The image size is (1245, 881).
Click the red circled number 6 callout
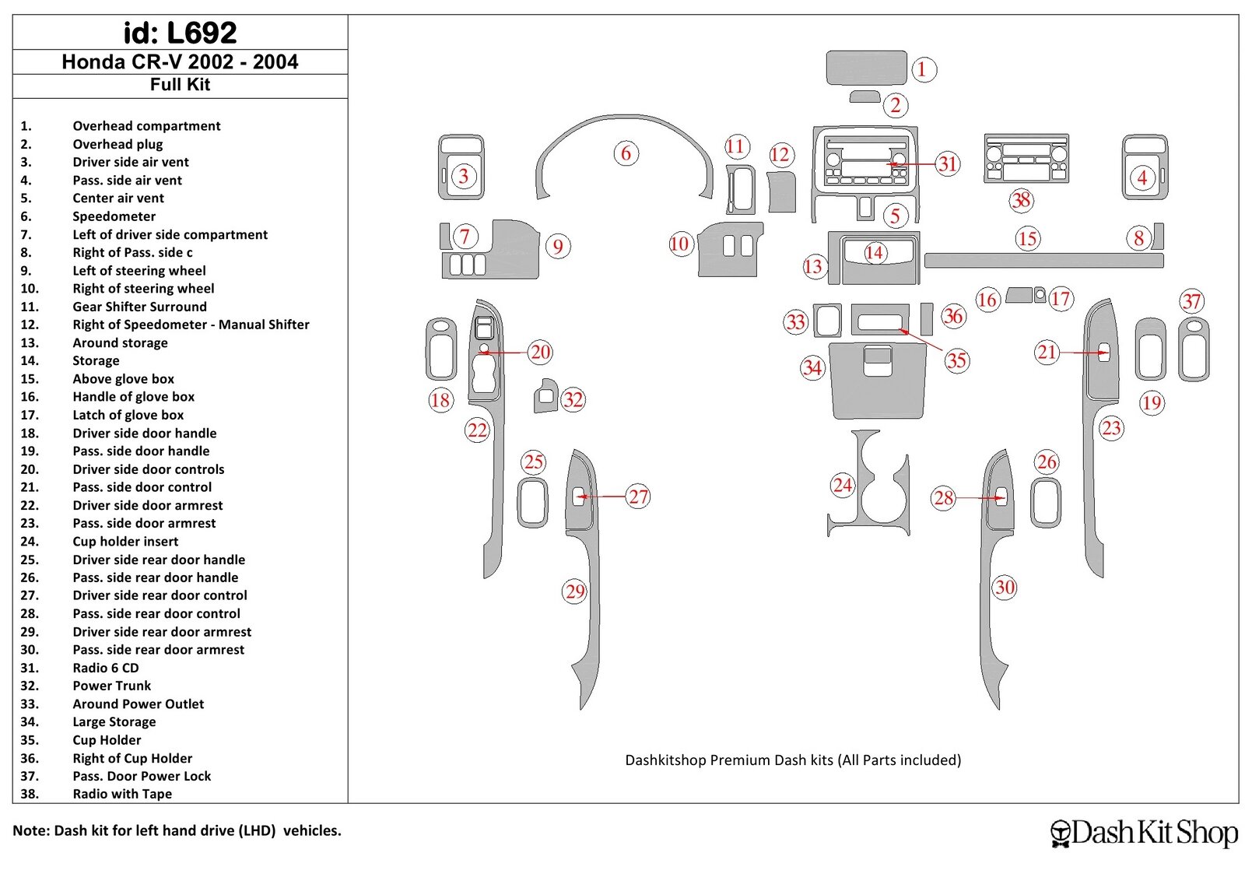(626, 153)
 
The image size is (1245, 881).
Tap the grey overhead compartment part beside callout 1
(866, 68)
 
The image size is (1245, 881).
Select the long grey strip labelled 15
(1043, 261)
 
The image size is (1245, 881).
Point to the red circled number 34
(812, 367)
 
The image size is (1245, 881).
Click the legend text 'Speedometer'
(114, 216)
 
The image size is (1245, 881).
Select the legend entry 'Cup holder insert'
(125, 542)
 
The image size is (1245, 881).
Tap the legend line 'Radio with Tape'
(122, 794)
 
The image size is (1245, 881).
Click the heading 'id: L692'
(180, 33)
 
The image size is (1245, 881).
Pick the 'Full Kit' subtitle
(180, 84)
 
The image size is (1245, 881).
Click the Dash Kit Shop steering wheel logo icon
(1060, 833)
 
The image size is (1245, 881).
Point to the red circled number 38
(1021, 200)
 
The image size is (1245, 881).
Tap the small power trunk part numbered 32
(545, 396)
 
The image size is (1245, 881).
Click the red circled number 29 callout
(575, 591)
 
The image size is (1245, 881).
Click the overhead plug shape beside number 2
(864, 97)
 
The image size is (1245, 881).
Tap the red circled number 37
(1191, 301)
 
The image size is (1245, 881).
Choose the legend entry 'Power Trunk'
(111, 686)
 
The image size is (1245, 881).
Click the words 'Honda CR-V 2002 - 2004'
(180, 62)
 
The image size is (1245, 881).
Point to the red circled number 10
(679, 244)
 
